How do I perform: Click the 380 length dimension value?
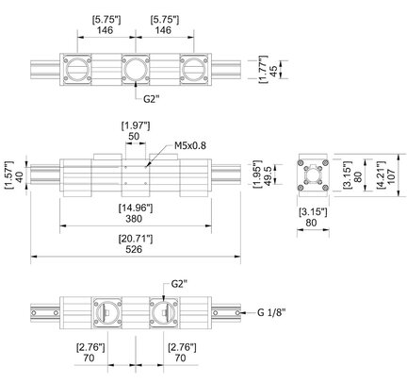pyautogui.click(x=134, y=219)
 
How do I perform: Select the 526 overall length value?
pyautogui.click(x=134, y=249)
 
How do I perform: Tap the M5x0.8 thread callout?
pyautogui.click(x=190, y=146)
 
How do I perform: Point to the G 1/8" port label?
pyautogui.click(x=271, y=312)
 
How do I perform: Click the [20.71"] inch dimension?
pyautogui.click(x=136, y=240)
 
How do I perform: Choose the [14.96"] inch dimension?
pyautogui.click(x=136, y=208)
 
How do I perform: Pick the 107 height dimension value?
pyautogui.click(x=392, y=175)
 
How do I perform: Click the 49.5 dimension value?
pyautogui.click(x=268, y=175)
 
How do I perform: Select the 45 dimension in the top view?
pyautogui.click(x=273, y=70)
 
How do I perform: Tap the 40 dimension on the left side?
pyautogui.click(x=19, y=175)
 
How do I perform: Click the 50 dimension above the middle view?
pyautogui.click(x=134, y=137)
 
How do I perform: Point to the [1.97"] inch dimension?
pyautogui.click(x=136, y=126)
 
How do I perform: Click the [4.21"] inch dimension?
pyautogui.click(x=382, y=175)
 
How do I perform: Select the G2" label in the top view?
pyautogui.click(x=152, y=99)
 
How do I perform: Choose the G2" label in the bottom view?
pyautogui.click(x=179, y=284)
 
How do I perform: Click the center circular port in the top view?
pyautogui.click(x=136, y=70)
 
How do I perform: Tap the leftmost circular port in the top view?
pyautogui.click(x=77, y=70)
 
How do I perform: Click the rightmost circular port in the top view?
pyautogui.click(x=193, y=70)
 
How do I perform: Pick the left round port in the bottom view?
pyautogui.click(x=106, y=313)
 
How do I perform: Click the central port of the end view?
pyautogui.click(x=313, y=175)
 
